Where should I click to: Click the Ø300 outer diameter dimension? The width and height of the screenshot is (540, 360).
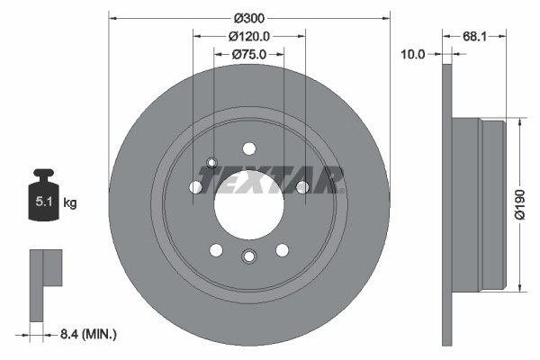point(249,18)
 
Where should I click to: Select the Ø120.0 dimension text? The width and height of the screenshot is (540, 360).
point(249,36)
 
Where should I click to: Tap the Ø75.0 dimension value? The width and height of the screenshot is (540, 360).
point(249,54)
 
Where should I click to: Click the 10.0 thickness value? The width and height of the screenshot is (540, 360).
point(413,54)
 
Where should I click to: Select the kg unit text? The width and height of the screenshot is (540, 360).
point(70,203)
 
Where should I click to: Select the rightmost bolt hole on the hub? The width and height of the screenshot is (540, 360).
point(302,187)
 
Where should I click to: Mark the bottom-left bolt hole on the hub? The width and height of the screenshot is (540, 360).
point(216,250)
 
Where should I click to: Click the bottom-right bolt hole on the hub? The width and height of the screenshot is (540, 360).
point(283,250)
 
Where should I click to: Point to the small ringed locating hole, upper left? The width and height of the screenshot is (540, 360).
point(212,163)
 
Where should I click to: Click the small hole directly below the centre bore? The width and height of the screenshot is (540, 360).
point(248,258)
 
